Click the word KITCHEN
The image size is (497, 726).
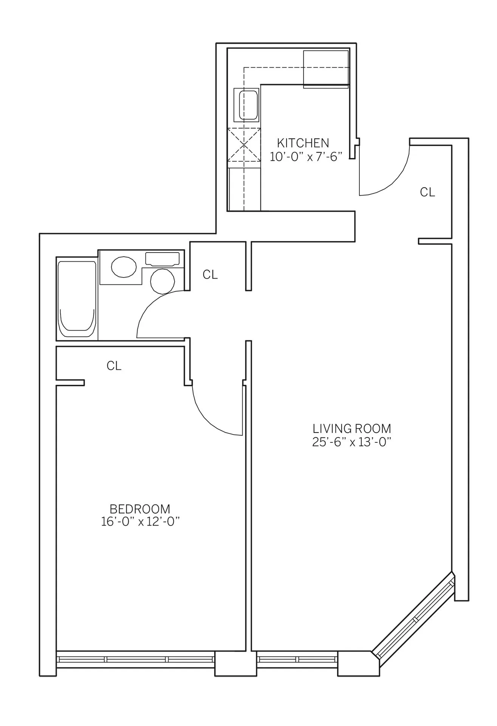tap(303, 143)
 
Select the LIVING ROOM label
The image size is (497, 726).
tap(351, 428)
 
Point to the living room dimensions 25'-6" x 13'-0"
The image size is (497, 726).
tap(351, 442)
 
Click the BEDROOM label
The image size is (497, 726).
tap(139, 509)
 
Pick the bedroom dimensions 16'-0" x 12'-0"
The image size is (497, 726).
tap(139, 522)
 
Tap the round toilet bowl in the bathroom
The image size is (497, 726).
tap(163, 281)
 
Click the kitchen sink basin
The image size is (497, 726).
tap(246, 105)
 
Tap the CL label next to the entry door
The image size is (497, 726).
tap(427, 192)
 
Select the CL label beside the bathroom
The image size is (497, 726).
tap(210, 275)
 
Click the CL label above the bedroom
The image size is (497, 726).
tap(114, 366)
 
